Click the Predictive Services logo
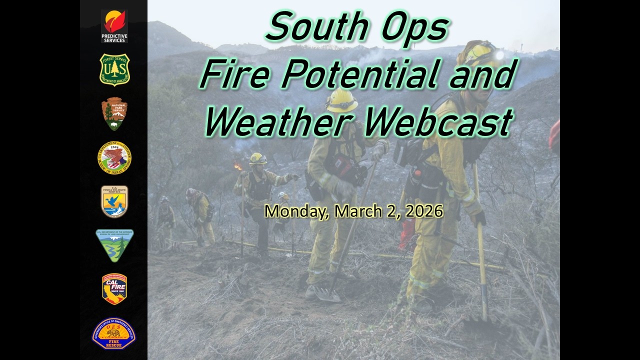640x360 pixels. point(114,26)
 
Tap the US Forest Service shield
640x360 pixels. point(114,69)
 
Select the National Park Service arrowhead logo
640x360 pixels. point(114,113)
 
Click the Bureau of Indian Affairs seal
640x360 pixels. point(114,157)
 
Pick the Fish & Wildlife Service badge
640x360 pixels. point(114,201)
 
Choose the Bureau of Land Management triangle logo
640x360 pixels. point(114,245)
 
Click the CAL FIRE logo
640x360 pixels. point(114,288)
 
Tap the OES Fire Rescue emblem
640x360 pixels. point(114,333)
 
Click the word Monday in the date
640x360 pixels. point(297,211)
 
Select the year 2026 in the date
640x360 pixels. point(424,211)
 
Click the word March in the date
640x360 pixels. point(355,211)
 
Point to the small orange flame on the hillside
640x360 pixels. point(238,166)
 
